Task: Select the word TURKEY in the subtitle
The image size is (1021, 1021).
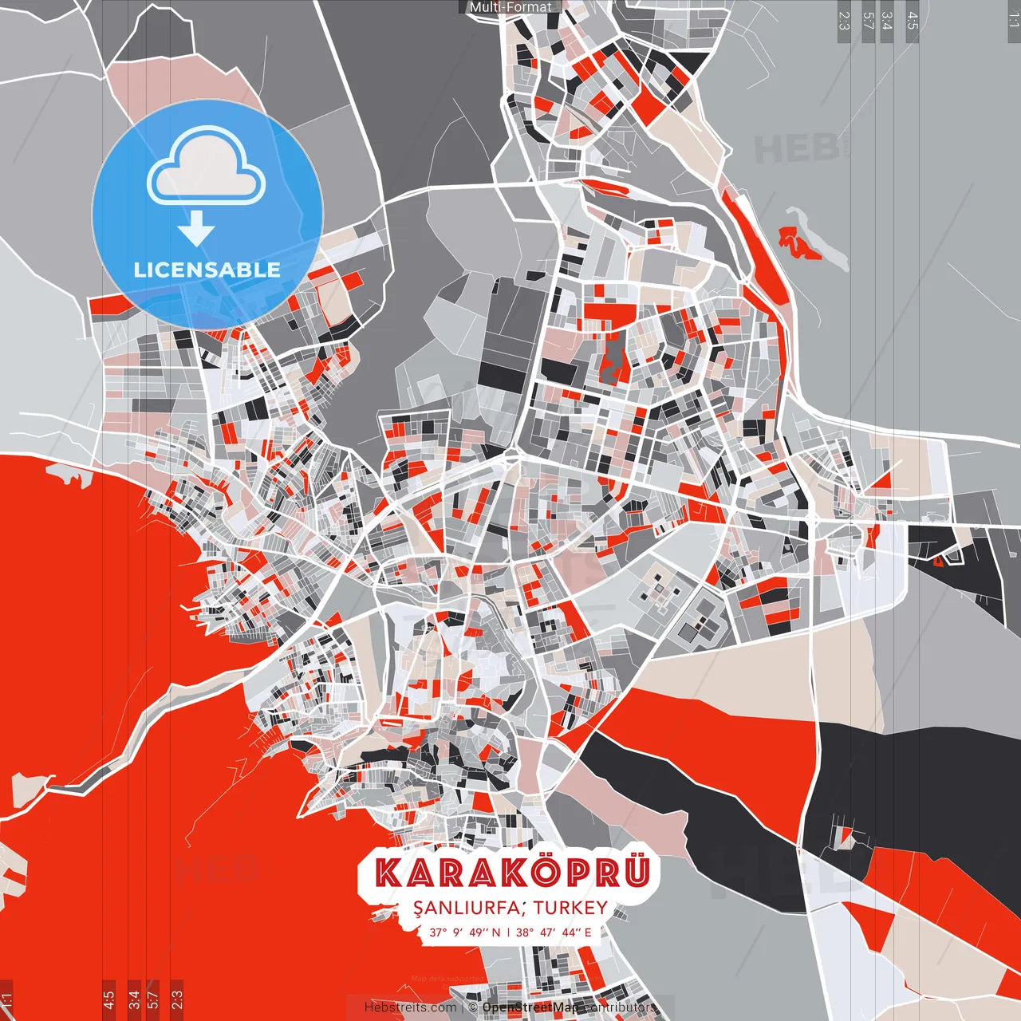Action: pyautogui.click(x=571, y=908)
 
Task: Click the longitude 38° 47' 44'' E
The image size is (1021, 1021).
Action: pyautogui.click(x=554, y=932)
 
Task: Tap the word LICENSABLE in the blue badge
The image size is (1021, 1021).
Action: pyautogui.click(x=207, y=270)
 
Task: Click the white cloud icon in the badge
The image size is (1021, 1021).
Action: pyautogui.click(x=207, y=168)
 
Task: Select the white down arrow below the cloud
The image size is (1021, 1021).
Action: pyautogui.click(x=196, y=230)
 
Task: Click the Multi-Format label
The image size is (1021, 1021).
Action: pyautogui.click(x=510, y=7)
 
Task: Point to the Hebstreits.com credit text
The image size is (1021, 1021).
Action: pyautogui.click(x=410, y=1007)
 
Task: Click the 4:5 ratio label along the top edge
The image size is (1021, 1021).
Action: pyautogui.click(x=913, y=21)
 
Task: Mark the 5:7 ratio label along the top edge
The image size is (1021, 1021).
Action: pyautogui.click(x=868, y=21)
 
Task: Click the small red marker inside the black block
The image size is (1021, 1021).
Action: pyautogui.click(x=938, y=561)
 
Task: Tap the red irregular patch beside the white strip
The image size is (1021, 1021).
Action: pyautogui.click(x=798, y=242)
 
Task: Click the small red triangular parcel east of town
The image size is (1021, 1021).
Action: pyautogui.click(x=881, y=480)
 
